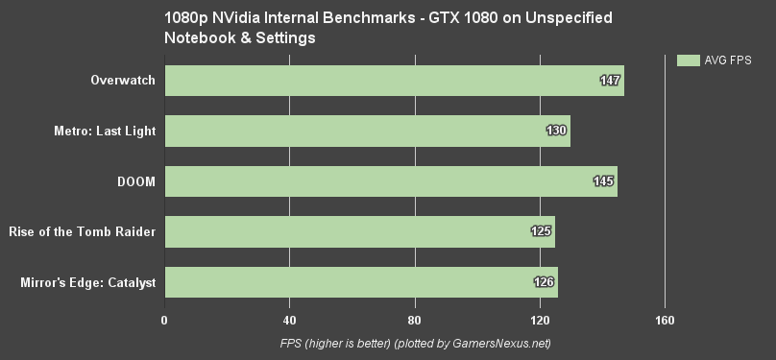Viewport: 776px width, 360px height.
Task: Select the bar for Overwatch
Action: coord(394,81)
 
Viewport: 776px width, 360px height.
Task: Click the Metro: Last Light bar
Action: coord(368,131)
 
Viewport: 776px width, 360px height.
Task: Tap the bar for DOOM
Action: coord(391,181)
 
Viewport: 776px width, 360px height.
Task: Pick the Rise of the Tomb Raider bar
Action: coord(360,231)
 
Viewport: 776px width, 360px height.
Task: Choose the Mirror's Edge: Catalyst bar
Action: coord(361,282)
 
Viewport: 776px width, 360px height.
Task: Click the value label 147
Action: coord(609,81)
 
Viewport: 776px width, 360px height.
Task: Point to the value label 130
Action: coord(556,131)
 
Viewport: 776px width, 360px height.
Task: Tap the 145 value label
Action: coord(603,181)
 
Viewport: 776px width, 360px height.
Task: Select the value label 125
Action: coord(541,231)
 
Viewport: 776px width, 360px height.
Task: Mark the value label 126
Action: coord(544,282)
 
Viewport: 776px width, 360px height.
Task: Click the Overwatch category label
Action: coord(121,81)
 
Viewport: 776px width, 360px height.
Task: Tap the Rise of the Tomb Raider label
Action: coord(82,231)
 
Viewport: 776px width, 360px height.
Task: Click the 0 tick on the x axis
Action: coord(165,321)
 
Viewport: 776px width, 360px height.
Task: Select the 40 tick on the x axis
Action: coord(290,321)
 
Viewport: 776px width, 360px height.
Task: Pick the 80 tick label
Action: coord(415,321)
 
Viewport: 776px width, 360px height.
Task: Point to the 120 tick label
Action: coord(540,321)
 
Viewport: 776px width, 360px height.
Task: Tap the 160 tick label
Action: coord(665,321)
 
